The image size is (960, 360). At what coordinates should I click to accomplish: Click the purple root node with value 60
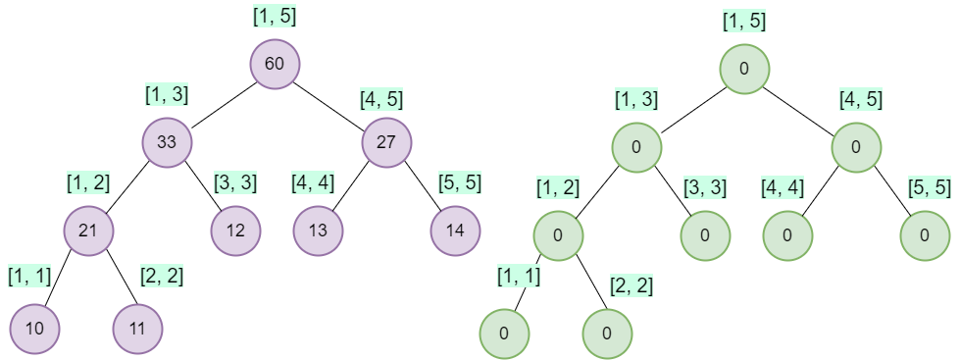tap(275, 65)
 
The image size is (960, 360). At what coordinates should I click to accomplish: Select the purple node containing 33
tap(167, 142)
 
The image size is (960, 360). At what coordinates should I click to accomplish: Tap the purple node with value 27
tap(387, 142)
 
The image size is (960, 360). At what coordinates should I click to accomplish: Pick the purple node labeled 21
tap(89, 231)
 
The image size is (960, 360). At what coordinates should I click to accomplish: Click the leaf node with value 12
tap(235, 231)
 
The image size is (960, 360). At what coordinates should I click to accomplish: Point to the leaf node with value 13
tap(318, 231)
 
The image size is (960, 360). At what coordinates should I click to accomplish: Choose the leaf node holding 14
tap(455, 231)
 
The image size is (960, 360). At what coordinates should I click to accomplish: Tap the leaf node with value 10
tap(35, 328)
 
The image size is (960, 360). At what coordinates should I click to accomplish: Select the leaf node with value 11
tap(138, 328)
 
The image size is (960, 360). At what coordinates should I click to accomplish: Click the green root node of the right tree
tap(745, 69)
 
